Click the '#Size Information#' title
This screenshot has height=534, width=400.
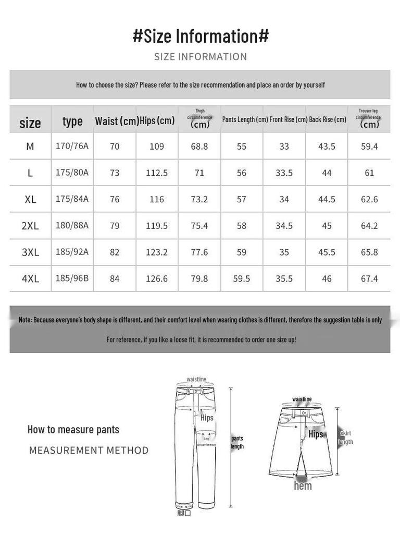pyautogui.click(x=201, y=36)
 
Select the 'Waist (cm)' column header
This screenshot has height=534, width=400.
pyautogui.click(x=117, y=121)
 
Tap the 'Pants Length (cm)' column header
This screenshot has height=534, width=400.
pyautogui.click(x=245, y=119)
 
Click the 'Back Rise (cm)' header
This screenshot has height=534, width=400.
pyautogui.click(x=328, y=119)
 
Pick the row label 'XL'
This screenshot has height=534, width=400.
pyautogui.click(x=30, y=199)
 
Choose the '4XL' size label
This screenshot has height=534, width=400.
pyautogui.click(x=30, y=278)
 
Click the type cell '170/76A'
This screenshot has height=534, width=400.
pyautogui.click(x=72, y=146)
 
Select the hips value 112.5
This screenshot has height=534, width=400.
pyautogui.click(x=157, y=173)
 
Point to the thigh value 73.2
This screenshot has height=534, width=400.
pyautogui.click(x=199, y=199)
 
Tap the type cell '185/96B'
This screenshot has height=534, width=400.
pyautogui.click(x=72, y=278)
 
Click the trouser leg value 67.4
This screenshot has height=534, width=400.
pyautogui.click(x=369, y=278)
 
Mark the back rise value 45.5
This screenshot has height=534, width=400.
pyautogui.click(x=327, y=252)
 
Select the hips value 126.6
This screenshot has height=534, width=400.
pyautogui.click(x=157, y=278)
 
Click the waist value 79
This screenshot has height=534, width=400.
pyautogui.click(x=115, y=226)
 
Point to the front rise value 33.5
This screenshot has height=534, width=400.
pyautogui.click(x=284, y=173)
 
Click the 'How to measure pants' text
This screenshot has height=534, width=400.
pyautogui.click(x=73, y=430)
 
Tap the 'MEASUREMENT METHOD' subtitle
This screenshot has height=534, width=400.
pyautogui.click(x=89, y=450)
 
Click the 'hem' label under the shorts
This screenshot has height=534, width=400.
pyautogui.click(x=303, y=486)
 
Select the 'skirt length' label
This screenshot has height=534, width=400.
pyautogui.click(x=346, y=438)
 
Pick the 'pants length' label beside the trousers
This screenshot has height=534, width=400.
pyautogui.click(x=238, y=442)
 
